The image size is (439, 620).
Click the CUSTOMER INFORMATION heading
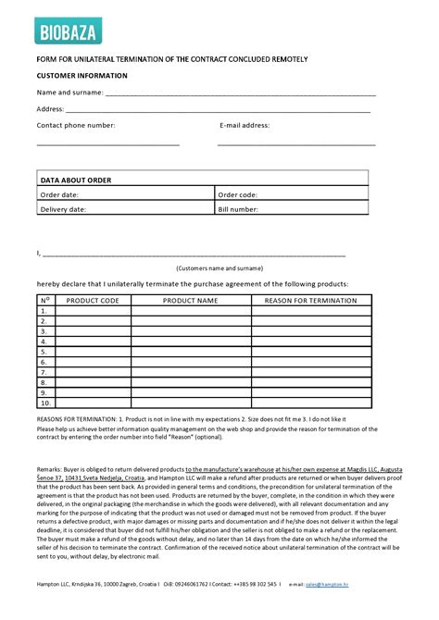pyautogui.click(x=82, y=76)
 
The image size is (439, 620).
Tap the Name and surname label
pyautogui.click(x=69, y=93)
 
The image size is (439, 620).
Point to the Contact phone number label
pyautogui.click(x=76, y=125)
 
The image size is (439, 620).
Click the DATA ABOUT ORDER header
pyautogui.click(x=76, y=180)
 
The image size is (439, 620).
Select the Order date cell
pyautogui.click(x=59, y=194)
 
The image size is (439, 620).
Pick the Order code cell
pyautogui.click(x=237, y=194)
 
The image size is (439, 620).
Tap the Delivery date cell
pyautogui.click(x=63, y=209)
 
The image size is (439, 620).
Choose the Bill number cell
pyautogui.click(x=238, y=209)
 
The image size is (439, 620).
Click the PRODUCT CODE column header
pyautogui.click(x=93, y=301)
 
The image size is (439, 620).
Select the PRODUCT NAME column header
pyautogui.click(x=190, y=301)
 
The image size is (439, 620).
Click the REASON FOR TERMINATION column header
pyautogui.click(x=310, y=301)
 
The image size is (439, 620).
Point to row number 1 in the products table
pyautogui.click(x=44, y=311)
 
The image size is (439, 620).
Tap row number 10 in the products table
pyautogui.click(x=44, y=403)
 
